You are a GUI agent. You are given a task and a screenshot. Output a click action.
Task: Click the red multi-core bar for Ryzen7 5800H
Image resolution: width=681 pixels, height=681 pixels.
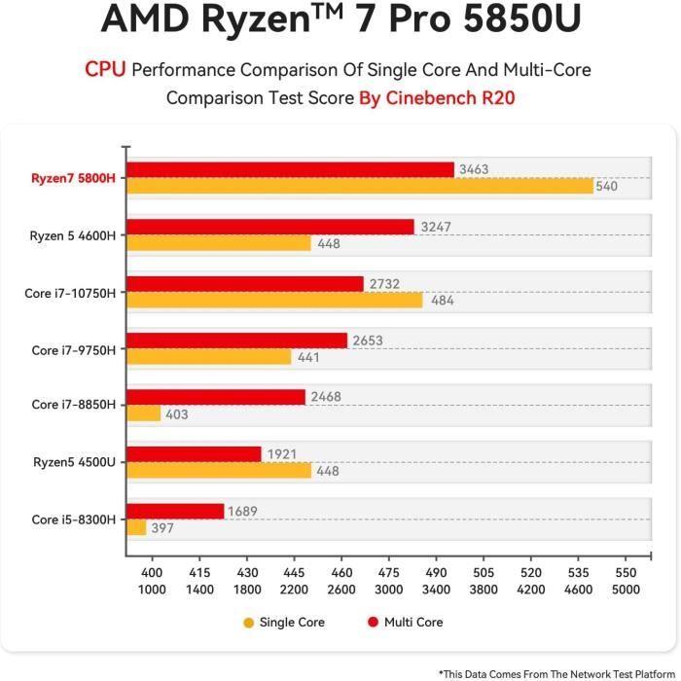(290, 169)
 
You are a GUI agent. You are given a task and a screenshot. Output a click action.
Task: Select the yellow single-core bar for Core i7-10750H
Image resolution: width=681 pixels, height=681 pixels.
(274, 300)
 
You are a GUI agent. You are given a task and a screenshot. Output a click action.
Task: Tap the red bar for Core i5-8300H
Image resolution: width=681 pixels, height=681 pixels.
(175, 511)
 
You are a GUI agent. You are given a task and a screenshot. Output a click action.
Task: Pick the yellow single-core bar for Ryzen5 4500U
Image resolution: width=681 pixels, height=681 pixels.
(219, 470)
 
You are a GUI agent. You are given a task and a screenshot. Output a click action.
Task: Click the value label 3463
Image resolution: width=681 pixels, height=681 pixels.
(474, 169)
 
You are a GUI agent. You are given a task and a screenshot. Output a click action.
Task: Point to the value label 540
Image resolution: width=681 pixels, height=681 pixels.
(606, 186)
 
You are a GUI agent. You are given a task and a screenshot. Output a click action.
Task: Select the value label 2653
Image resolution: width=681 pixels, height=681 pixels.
(367, 340)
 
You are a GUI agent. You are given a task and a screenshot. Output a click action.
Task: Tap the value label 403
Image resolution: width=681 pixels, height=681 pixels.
(176, 414)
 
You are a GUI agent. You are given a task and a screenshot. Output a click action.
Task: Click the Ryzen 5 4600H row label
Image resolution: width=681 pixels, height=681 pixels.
(73, 235)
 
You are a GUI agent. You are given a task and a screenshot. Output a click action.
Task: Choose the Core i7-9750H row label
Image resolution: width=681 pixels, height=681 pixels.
(73, 349)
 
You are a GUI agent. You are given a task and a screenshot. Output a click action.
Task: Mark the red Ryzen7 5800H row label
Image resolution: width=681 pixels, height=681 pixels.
(73, 178)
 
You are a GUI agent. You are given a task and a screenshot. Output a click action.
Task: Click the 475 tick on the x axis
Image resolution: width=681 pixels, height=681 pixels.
(388, 574)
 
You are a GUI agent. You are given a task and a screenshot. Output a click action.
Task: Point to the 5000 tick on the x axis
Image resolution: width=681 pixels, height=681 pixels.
(627, 590)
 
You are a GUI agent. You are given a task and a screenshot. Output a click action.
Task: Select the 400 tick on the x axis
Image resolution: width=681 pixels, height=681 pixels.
(153, 574)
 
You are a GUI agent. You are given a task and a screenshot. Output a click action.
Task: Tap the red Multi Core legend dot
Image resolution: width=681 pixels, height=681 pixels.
(372, 623)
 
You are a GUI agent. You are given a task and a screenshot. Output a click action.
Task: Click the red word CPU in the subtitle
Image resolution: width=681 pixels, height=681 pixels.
(105, 69)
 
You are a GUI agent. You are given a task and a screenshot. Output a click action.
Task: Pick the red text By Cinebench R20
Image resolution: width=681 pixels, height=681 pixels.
(437, 98)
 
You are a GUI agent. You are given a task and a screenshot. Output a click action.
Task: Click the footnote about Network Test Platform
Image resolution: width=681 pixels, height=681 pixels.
(556, 672)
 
